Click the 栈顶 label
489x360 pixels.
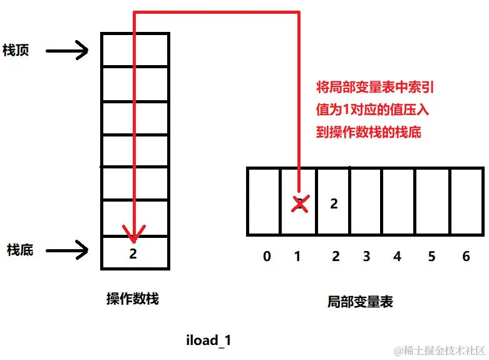point(16,51)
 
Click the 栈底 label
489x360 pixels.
point(20,250)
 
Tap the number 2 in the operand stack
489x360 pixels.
point(133,254)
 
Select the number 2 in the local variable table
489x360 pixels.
point(334,203)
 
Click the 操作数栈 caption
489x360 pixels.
point(133,299)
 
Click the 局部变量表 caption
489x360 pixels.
point(360,302)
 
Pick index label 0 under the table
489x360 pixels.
point(267,257)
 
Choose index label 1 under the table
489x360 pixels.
point(298,257)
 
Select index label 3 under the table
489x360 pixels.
point(366,257)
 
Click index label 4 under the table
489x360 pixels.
point(397,257)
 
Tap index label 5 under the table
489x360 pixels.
point(431,257)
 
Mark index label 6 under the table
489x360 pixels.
point(465,257)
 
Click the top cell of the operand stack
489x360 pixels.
point(135,49)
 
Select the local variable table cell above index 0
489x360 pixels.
point(264,201)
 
